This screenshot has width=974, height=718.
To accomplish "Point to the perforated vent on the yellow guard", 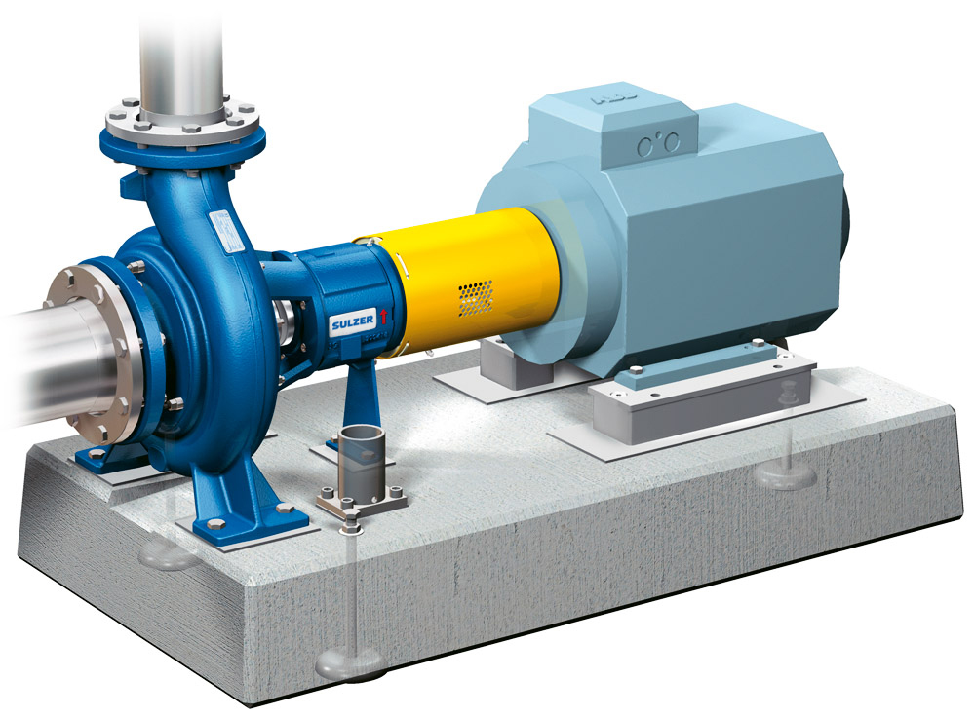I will [475, 297].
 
